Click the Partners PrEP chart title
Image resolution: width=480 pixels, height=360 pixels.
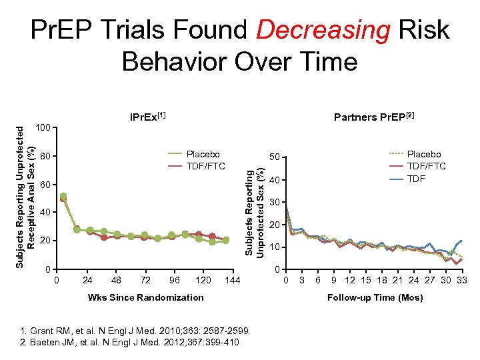374,117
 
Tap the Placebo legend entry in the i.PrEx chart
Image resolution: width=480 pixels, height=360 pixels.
203,154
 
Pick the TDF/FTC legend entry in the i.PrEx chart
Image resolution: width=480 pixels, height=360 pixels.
206,165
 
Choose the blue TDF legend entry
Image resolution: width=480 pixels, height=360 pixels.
416,178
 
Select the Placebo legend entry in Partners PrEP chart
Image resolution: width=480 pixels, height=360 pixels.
424,154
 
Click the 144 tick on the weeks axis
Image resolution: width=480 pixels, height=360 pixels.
233,280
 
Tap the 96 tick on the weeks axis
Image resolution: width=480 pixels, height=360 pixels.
175,280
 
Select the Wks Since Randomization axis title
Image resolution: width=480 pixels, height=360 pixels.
145,297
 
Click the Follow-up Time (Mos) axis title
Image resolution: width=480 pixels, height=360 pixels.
375,297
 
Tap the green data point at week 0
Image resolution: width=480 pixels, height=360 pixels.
63,197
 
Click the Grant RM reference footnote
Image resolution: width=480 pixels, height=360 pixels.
135,331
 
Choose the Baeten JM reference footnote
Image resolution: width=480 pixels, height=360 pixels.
130,342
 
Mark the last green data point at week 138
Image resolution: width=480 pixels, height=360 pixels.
226,240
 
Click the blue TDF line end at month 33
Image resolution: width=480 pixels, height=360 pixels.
461,241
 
